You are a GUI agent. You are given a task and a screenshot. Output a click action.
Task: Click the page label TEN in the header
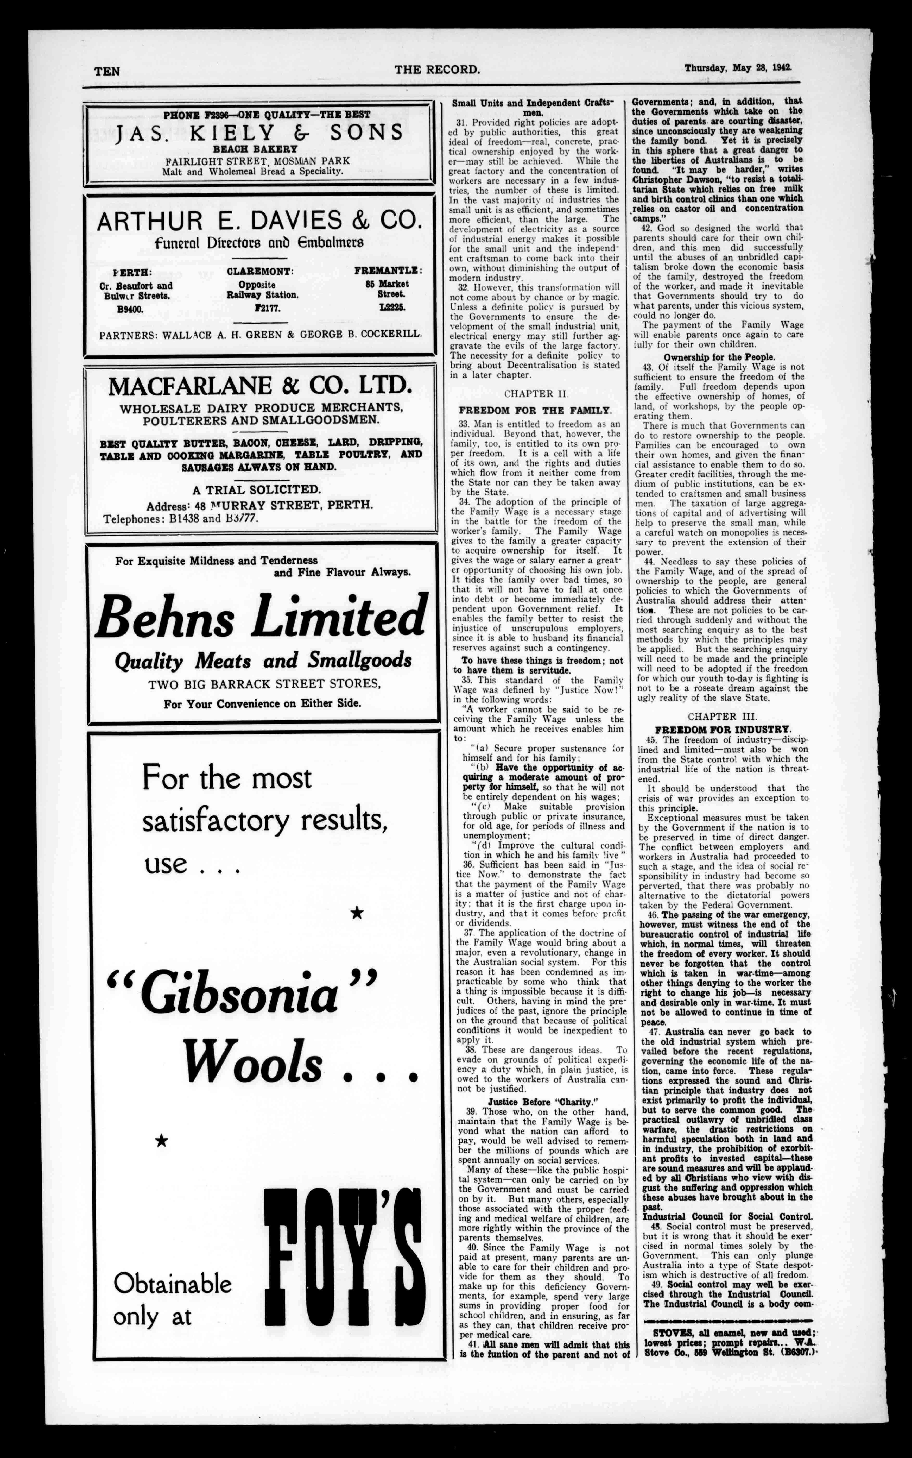pos(107,71)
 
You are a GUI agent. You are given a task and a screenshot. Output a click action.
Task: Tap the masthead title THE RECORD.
pos(437,69)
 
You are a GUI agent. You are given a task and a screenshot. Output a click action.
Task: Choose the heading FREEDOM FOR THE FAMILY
pos(535,410)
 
